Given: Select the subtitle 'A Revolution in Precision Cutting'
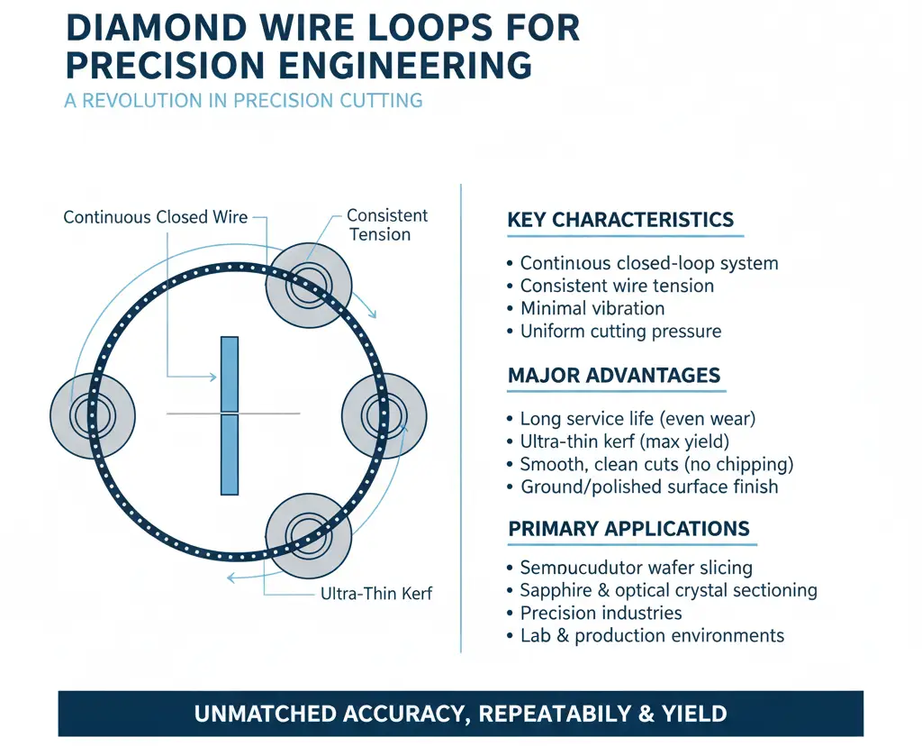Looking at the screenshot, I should (243, 100).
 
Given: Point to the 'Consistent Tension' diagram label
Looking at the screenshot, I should (386, 225).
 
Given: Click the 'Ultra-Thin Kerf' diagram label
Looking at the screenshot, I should (376, 594).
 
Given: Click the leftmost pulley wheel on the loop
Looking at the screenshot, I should (92, 416).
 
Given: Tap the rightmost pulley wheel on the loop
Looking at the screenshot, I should (384, 415).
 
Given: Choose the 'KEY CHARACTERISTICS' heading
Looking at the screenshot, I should (620, 220).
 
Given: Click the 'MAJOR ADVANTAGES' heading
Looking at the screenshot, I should (614, 375).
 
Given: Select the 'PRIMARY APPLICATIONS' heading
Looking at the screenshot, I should (628, 529).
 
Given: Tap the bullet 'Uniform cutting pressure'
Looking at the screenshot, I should (620, 331).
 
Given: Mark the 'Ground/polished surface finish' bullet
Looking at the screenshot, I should (649, 487).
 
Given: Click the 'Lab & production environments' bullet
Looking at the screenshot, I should (652, 636).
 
